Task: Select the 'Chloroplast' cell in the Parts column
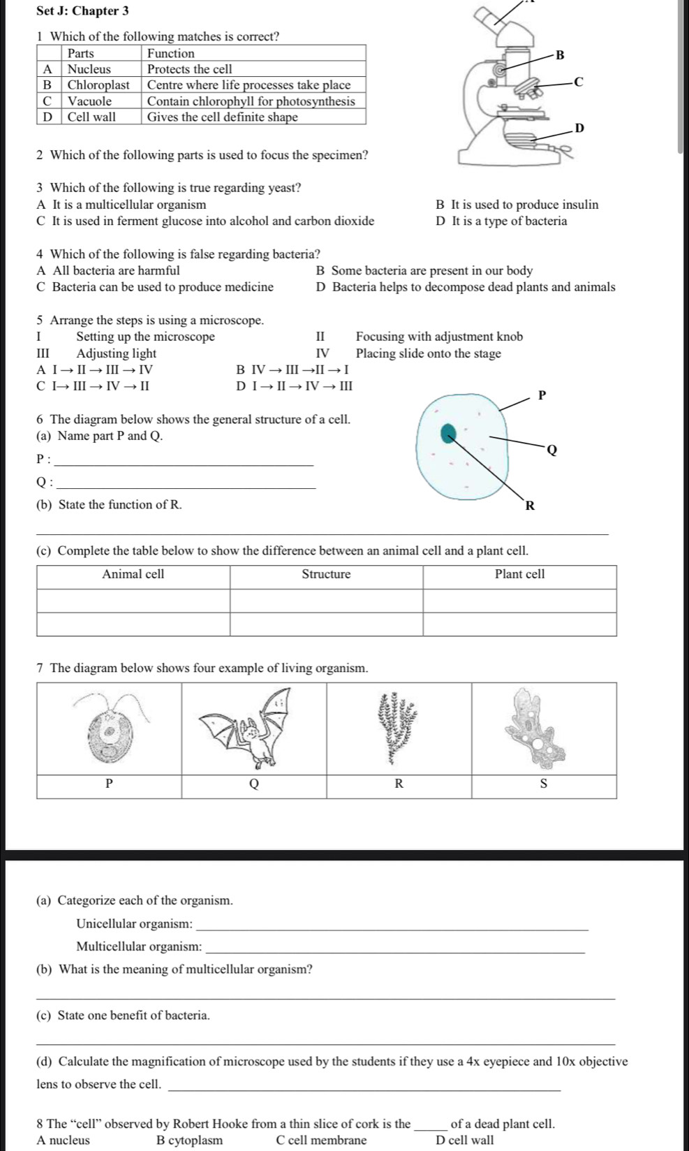[98, 85]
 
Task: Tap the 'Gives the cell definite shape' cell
[223, 117]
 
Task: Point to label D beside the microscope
[577, 128]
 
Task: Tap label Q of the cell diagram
[551, 450]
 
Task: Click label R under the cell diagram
[529, 505]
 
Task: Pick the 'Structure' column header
[326, 575]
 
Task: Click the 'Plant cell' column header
[519, 575]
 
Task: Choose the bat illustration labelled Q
[254, 730]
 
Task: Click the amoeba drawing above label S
[538, 726]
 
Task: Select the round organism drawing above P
[110, 730]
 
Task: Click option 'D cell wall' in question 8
[464, 1141]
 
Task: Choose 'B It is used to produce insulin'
[517, 205]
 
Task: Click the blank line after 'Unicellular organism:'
[393, 928]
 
